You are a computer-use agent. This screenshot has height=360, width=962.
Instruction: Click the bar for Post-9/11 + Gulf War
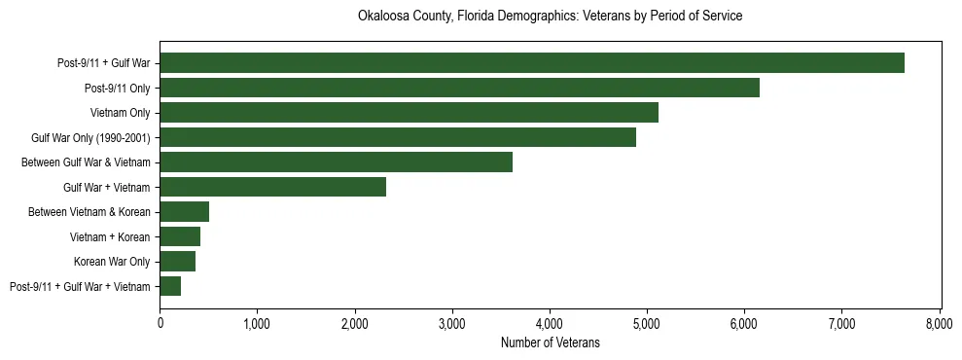[532, 63]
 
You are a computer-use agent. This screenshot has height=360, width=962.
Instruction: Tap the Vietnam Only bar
[409, 113]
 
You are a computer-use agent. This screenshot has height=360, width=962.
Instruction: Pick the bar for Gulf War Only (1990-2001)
[398, 137]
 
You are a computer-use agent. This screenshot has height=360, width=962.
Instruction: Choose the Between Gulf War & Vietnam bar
[336, 162]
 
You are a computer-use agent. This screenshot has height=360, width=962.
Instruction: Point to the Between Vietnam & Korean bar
[184, 212]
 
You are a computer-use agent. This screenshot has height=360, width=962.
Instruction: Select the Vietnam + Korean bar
[180, 236]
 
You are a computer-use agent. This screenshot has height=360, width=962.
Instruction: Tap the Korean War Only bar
[177, 262]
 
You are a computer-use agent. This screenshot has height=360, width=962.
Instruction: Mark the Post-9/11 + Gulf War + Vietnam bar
[170, 286]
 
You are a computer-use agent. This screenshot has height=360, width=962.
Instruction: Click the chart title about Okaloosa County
[550, 17]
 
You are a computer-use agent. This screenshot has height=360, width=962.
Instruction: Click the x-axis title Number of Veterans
[550, 343]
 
